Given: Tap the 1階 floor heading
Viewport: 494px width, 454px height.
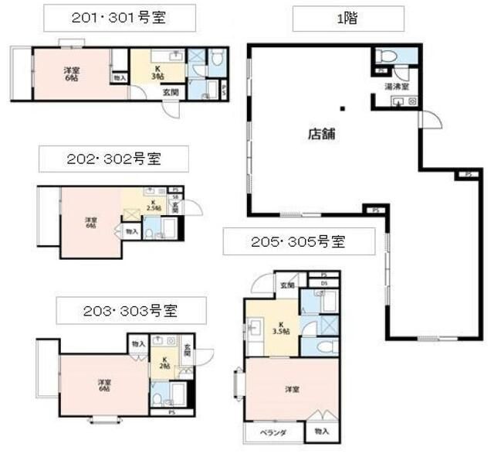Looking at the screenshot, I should (x=347, y=17).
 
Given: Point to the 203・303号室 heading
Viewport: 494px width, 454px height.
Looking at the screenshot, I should (x=129, y=312).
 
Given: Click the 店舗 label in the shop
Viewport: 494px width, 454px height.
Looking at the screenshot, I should (x=320, y=133).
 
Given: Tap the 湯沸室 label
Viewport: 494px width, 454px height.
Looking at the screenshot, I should (x=396, y=86).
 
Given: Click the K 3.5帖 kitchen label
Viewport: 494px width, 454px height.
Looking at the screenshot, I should (x=281, y=327).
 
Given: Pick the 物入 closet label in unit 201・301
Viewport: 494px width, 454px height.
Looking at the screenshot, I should (x=119, y=77).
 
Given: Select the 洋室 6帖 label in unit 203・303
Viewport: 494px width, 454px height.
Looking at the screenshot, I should (x=103, y=384).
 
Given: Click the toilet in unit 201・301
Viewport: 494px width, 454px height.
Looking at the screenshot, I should (x=216, y=56).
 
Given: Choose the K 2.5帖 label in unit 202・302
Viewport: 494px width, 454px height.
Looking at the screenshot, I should (x=154, y=206).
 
